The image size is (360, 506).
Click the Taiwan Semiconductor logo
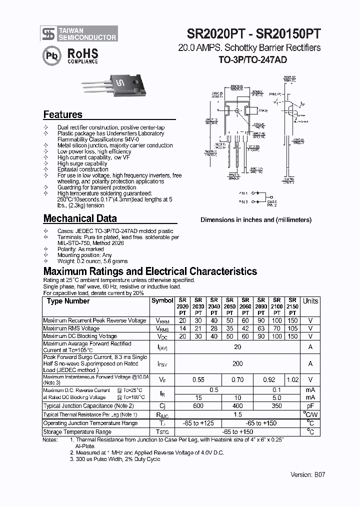tap(79, 33)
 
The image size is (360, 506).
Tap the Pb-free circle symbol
tap(50, 55)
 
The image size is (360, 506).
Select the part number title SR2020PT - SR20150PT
tap(253, 34)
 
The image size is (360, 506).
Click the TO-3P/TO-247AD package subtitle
tap(253, 59)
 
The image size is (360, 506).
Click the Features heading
tap(63, 114)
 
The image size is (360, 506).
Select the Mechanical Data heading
tap(80, 218)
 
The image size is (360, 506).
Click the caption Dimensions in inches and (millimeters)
tap(256, 219)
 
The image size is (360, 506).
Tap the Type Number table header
tap(68, 301)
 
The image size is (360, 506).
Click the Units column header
tap(310, 301)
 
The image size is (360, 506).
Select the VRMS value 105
tap(292, 328)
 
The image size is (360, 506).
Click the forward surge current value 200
tap(237, 364)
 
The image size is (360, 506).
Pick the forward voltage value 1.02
tap(292, 380)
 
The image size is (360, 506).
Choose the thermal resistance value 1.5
tap(237, 414)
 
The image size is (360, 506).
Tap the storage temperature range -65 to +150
tap(237, 431)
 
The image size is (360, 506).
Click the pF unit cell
tap(310, 406)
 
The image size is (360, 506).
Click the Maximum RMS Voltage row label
tap(71, 328)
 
